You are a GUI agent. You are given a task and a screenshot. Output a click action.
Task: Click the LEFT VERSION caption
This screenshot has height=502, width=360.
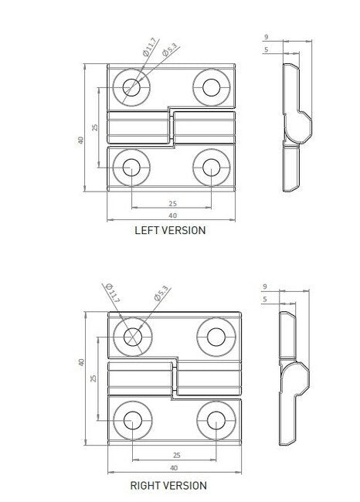pos(170,229)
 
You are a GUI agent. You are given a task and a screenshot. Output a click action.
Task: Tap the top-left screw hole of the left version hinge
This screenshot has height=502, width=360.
pos(131,87)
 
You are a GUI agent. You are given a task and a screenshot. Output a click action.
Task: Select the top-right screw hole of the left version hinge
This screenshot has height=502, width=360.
pos(210,86)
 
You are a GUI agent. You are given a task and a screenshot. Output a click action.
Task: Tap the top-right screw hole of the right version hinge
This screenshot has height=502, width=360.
pos(213,336)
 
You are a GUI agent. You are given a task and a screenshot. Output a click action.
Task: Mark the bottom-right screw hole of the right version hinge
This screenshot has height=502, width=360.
pos(213,420)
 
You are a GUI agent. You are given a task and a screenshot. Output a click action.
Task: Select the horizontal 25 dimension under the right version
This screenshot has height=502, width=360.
pos(176,456)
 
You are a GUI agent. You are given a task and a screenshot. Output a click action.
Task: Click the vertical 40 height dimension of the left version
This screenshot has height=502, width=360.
pos(80,140)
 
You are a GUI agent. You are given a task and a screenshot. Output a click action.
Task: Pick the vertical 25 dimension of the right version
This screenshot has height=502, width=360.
pos(94,378)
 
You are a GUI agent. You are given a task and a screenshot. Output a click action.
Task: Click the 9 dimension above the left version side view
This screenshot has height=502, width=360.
pos(265,37)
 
